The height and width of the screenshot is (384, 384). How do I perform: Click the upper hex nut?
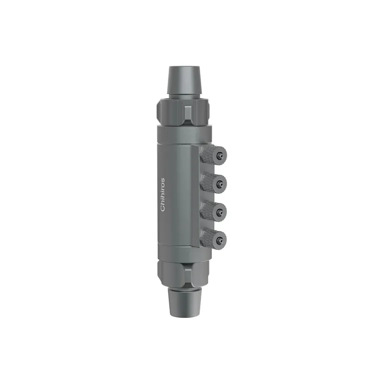tap(182, 113)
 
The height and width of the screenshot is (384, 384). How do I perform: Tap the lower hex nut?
tap(182, 273)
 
